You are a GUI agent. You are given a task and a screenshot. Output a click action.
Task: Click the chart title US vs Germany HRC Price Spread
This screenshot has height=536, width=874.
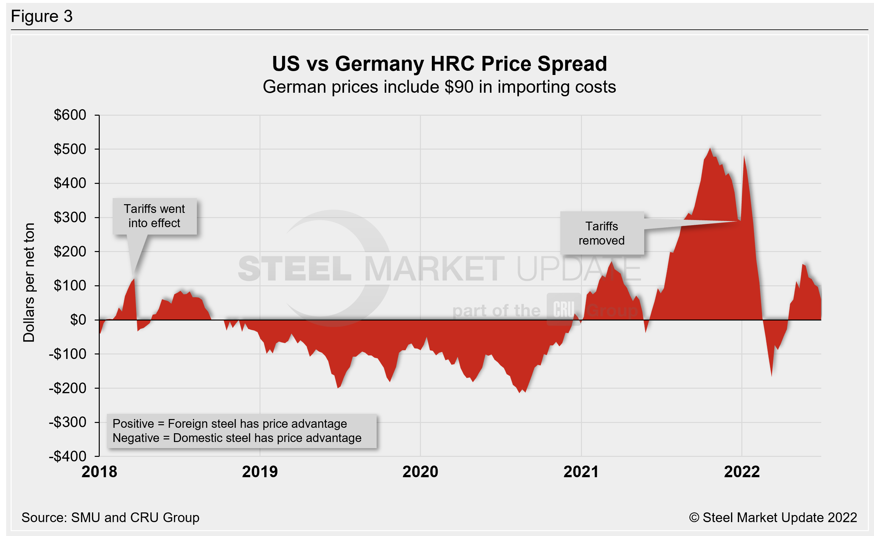439,64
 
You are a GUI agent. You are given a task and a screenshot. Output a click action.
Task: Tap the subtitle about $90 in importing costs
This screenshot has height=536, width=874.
439,87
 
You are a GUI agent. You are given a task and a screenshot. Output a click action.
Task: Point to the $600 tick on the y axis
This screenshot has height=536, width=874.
70,115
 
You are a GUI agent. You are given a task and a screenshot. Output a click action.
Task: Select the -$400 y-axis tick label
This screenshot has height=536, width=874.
67,456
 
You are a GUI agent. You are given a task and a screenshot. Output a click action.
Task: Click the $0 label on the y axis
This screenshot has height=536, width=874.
78,320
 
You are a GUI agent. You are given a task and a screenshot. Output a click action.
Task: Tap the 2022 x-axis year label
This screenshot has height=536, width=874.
742,472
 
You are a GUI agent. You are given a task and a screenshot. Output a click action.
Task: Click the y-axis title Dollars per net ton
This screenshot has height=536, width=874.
29,282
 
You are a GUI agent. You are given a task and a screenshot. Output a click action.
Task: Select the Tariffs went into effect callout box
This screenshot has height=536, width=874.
154,216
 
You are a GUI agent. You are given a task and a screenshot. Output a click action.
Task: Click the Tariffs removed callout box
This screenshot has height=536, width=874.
602,233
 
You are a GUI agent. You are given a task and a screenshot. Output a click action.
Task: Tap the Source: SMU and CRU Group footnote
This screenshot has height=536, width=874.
110,517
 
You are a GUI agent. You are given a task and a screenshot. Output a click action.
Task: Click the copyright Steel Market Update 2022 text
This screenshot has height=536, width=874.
773,517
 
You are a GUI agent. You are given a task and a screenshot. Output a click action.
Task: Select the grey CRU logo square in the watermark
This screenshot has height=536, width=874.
563,309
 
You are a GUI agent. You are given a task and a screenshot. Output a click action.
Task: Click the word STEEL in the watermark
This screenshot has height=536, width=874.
294,269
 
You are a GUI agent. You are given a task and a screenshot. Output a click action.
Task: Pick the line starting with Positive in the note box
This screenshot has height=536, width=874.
229,424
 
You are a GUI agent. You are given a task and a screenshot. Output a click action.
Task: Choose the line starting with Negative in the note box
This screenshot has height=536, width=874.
237,438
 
